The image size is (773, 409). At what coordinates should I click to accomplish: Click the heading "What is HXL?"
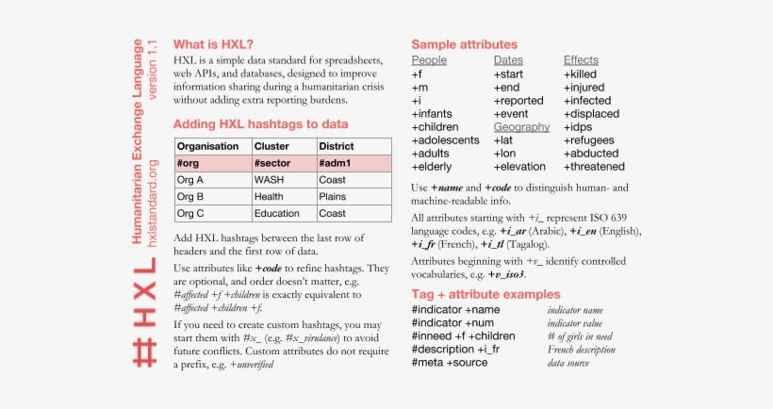[x=213, y=44]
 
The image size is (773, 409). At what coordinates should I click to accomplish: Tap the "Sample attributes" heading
[x=465, y=44]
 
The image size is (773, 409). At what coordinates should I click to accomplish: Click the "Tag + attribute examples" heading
[x=485, y=294]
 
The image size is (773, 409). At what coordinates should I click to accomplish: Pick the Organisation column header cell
[x=208, y=146]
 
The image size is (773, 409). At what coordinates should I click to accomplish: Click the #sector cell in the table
[x=272, y=163]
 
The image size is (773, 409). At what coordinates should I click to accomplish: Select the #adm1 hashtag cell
[x=337, y=163]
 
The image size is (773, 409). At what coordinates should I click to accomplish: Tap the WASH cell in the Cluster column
[x=269, y=180]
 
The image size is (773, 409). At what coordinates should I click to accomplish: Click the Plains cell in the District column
[x=333, y=197]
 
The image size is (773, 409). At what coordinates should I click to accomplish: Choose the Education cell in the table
[x=277, y=214]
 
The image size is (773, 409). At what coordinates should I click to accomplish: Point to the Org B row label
[x=191, y=197]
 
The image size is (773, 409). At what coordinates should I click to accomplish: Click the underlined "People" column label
[x=429, y=60]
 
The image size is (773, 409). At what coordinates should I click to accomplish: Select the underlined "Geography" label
[x=521, y=126]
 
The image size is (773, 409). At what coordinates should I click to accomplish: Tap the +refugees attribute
[x=591, y=139]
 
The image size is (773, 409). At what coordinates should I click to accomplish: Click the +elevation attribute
[x=519, y=166]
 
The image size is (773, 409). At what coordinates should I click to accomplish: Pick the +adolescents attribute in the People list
[x=446, y=139]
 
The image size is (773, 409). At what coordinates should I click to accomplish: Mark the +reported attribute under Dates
[x=518, y=100]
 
